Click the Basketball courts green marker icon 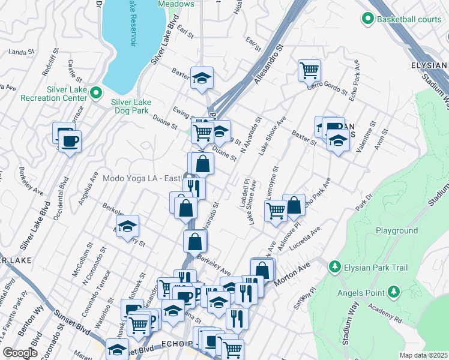click(x=368, y=19)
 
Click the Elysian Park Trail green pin click(x=334, y=266)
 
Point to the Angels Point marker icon click(x=393, y=292)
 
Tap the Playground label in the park click(x=396, y=230)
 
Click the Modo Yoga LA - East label click(x=142, y=178)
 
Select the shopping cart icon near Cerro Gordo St click(x=309, y=70)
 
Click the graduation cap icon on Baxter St click(x=202, y=77)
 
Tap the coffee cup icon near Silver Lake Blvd click(x=70, y=142)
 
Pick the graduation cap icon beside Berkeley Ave click(x=127, y=226)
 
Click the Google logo click(x=20, y=353)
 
